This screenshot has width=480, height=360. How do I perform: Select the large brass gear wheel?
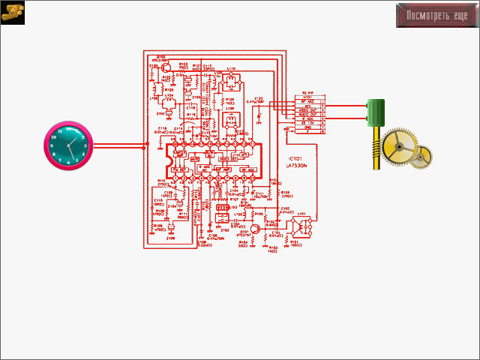pos(398,147)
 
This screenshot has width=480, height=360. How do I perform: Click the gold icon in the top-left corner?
pos(13,13)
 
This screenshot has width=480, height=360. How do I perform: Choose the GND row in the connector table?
pos(307,127)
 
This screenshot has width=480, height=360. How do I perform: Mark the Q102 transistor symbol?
pos(161,67)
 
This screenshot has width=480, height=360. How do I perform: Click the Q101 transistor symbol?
pos(255,229)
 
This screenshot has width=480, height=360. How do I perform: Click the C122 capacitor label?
pos(258,97)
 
